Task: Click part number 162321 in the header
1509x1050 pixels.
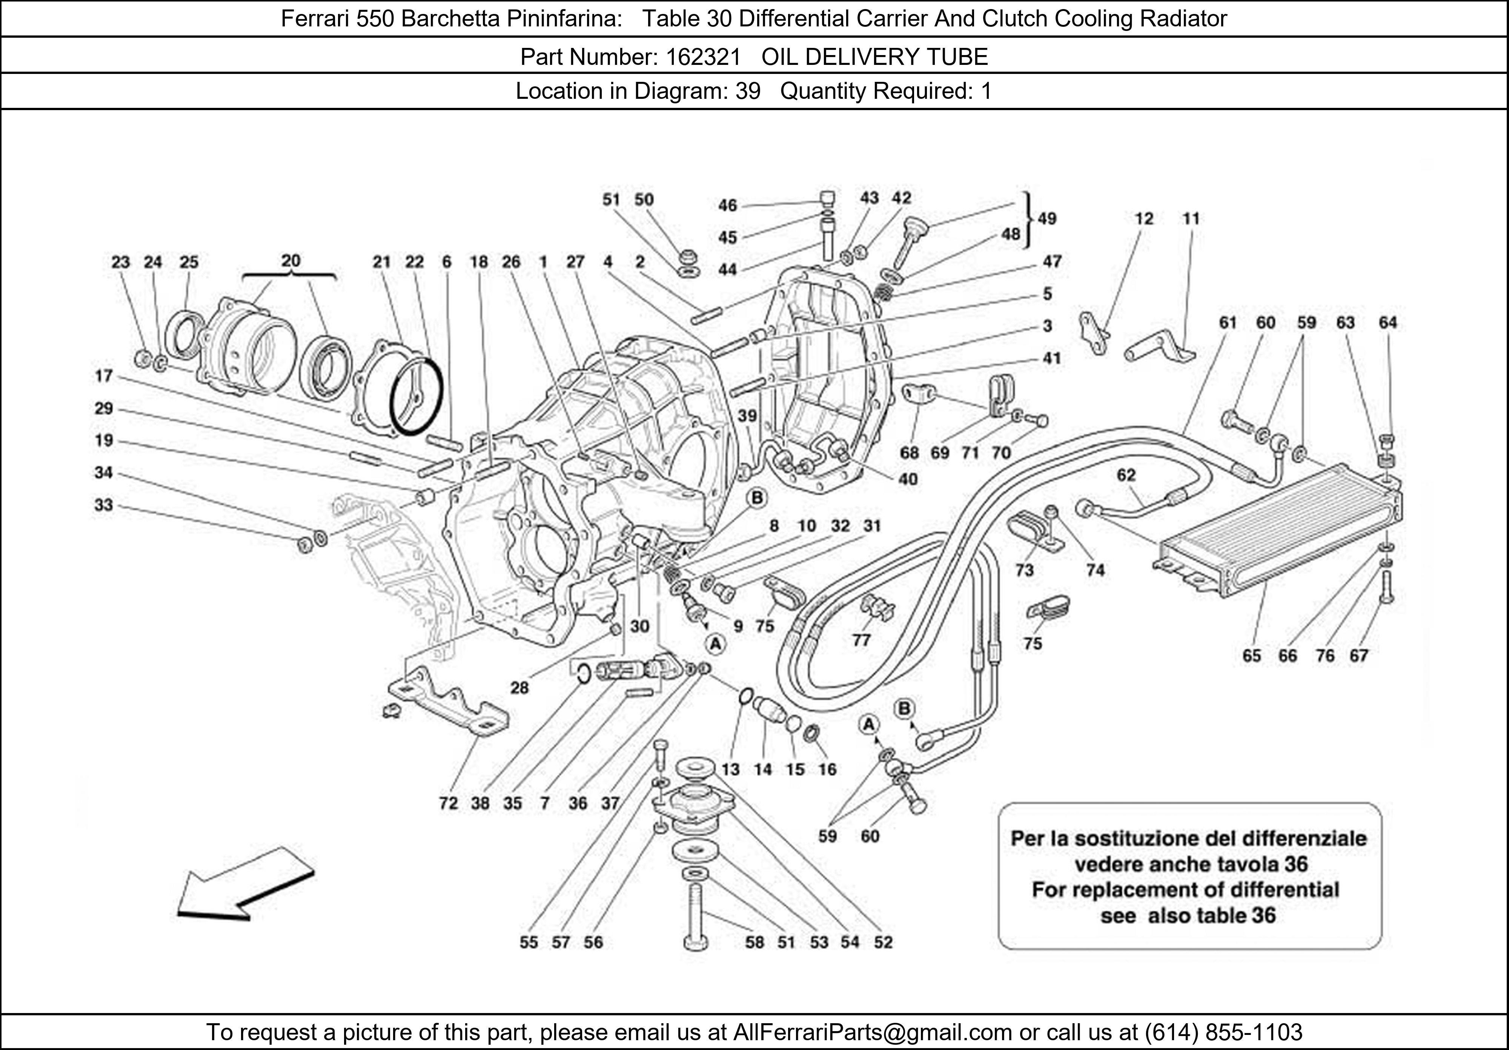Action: coord(702,57)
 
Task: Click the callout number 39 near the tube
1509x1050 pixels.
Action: coord(747,416)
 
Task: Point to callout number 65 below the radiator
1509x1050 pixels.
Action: coord(1251,656)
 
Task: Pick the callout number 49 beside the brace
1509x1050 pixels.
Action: coord(1047,219)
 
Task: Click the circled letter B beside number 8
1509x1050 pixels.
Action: coord(757,498)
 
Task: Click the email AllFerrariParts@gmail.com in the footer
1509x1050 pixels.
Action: coord(872,1032)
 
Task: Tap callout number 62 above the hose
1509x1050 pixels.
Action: coord(1126,475)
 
